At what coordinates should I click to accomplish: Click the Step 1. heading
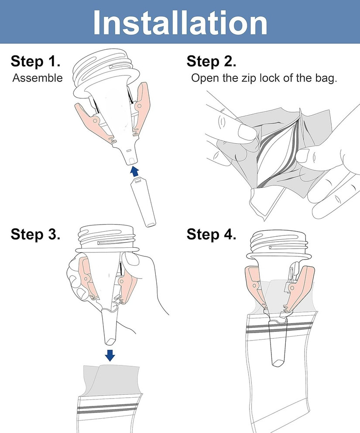click(x=35, y=61)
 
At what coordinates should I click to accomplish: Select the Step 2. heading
click(x=212, y=61)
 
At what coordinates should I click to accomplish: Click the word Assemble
click(x=38, y=78)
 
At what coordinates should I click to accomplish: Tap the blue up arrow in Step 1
click(x=135, y=171)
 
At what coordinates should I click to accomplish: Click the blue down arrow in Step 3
click(x=110, y=355)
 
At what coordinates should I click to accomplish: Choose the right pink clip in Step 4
click(x=303, y=284)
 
